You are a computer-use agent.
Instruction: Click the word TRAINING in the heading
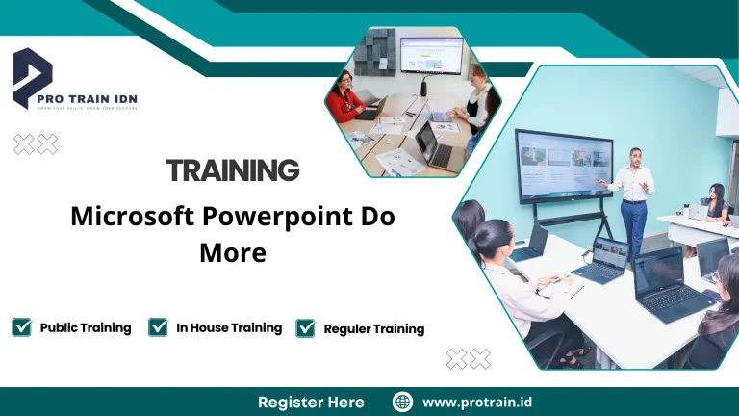pos(233,170)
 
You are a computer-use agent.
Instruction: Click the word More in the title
pos(232,252)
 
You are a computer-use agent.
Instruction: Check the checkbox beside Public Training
pos(22,327)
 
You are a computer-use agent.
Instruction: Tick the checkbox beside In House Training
pos(159,327)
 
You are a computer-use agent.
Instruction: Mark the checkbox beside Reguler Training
pos(306,328)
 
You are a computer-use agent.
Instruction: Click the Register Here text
pos(311,402)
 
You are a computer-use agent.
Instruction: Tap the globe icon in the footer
pos(403,402)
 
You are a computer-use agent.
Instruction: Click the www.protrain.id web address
pos(477,402)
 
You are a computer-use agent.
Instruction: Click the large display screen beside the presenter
pos(563,165)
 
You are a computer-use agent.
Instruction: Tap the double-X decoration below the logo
pos(36,144)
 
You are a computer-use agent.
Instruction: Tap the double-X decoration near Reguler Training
pos(469,359)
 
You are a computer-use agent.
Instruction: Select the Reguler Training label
pos(373,328)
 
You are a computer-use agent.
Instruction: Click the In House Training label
pos(229,327)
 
